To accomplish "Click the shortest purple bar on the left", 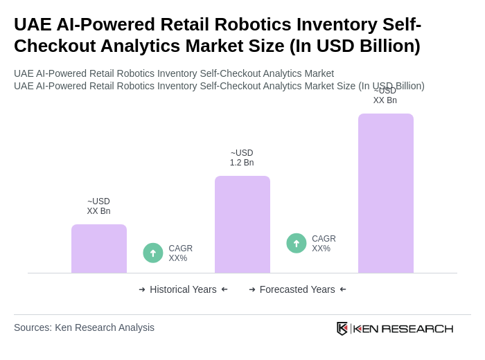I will click(99, 249).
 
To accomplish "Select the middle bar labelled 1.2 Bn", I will click(242, 224).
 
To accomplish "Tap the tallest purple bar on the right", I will click(385, 193).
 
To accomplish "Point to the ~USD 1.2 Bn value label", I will click(242, 158).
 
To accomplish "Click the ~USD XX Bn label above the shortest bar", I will click(98, 206).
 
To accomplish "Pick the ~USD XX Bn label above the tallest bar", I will click(385, 96).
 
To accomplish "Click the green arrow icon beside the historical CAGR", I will click(153, 253).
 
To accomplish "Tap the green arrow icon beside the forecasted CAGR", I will click(297, 244).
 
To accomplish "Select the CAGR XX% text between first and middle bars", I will click(180, 253).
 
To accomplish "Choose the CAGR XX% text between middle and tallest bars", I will click(324, 244).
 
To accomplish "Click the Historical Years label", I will click(183, 289).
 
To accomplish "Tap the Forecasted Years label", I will click(297, 289).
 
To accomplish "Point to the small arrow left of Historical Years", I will click(142, 289).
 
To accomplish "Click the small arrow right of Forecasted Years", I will click(343, 289).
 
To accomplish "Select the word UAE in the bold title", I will click(32, 24).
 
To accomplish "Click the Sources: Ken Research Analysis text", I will click(84, 327).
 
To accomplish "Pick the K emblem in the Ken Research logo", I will click(342, 328).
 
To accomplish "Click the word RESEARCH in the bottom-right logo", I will click(417, 328).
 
